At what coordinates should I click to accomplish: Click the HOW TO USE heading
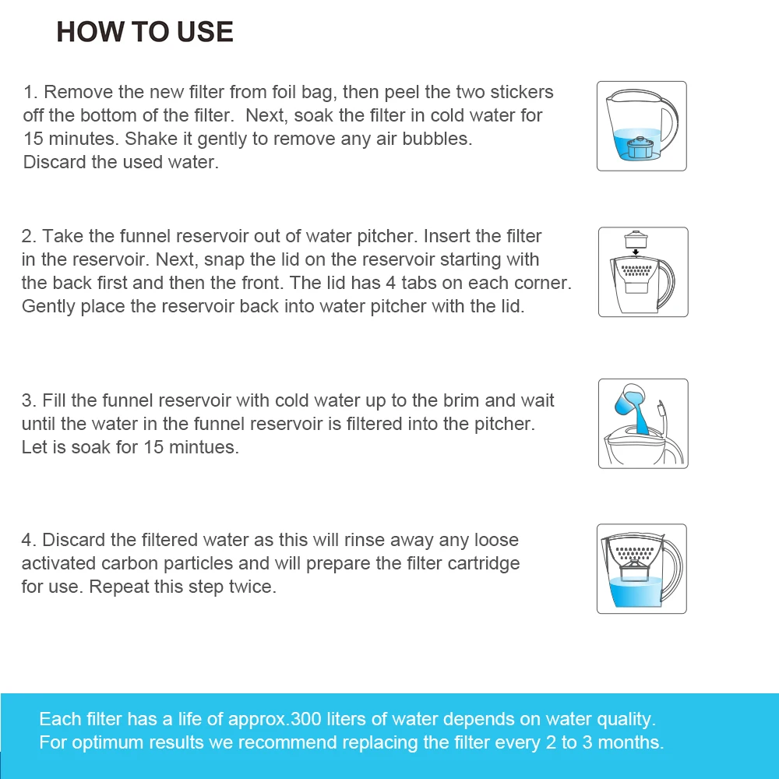click(x=145, y=32)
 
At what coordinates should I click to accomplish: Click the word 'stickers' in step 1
click(x=522, y=92)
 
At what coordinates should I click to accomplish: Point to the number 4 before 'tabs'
click(x=391, y=283)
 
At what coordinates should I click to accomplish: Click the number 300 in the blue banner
click(x=305, y=719)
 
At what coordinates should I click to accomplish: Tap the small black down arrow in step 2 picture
click(x=636, y=252)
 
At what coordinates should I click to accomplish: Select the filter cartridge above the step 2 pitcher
click(x=636, y=239)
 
